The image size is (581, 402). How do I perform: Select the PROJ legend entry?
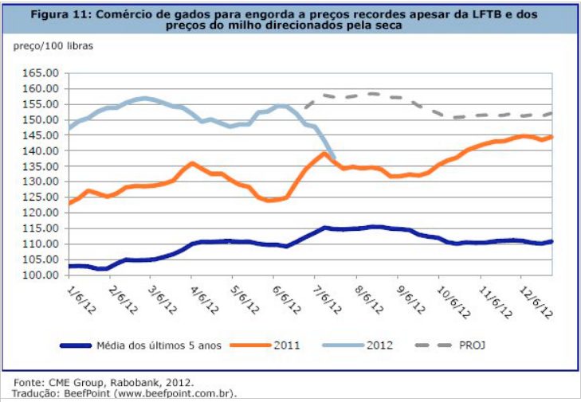click(470, 345)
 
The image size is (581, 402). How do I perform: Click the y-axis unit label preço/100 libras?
click(54, 46)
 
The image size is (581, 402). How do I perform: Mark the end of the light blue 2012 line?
click(333, 158)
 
